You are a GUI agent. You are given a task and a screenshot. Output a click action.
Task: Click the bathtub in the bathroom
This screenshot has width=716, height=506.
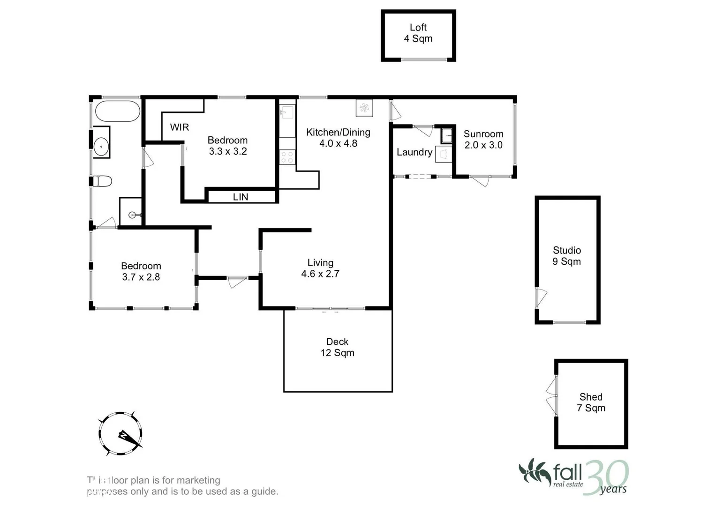117,111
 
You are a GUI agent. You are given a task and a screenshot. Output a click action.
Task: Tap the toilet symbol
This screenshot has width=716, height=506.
103,181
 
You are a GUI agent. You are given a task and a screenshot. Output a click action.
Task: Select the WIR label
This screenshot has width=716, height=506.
179,127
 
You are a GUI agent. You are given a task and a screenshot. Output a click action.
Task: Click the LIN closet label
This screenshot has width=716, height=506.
241,197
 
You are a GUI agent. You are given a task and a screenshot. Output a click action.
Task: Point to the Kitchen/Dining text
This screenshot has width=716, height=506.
338,133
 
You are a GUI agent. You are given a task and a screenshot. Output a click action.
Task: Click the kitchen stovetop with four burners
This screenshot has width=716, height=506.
287,157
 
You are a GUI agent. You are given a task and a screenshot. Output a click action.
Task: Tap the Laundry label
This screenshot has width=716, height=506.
414,152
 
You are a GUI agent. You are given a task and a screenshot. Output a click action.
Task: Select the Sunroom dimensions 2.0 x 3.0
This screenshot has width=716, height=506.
483,145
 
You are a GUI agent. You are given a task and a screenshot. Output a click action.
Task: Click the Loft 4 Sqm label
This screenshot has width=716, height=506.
418,33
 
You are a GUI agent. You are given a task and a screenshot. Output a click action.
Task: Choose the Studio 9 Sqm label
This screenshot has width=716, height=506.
566,256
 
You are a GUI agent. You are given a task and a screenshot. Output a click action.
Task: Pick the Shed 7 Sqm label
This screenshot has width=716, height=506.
591,402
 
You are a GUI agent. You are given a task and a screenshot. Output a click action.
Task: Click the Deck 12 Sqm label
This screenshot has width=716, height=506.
337,347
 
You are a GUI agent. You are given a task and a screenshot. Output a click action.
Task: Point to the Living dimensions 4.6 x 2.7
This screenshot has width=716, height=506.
320,274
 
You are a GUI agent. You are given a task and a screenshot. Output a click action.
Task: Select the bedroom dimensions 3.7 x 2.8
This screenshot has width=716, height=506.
141,277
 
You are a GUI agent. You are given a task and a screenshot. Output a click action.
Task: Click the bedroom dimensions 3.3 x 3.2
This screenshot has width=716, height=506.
227,151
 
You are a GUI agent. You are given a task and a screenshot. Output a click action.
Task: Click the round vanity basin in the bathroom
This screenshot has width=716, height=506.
101,146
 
